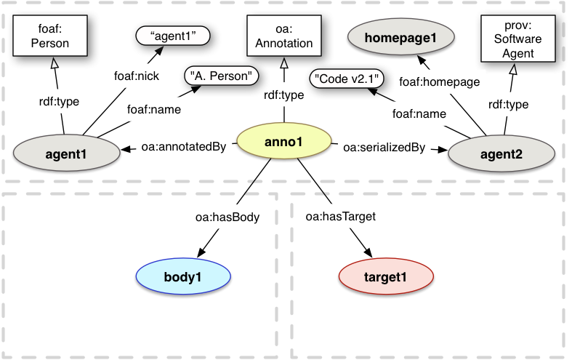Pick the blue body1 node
pyautogui.click(x=183, y=276)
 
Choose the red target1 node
pyautogui.click(x=386, y=276)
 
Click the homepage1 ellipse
pyautogui.click(x=401, y=37)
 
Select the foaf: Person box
pyautogui.click(x=53, y=37)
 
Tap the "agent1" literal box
pyautogui.click(x=172, y=35)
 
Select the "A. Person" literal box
pyautogui.click(x=222, y=75)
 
